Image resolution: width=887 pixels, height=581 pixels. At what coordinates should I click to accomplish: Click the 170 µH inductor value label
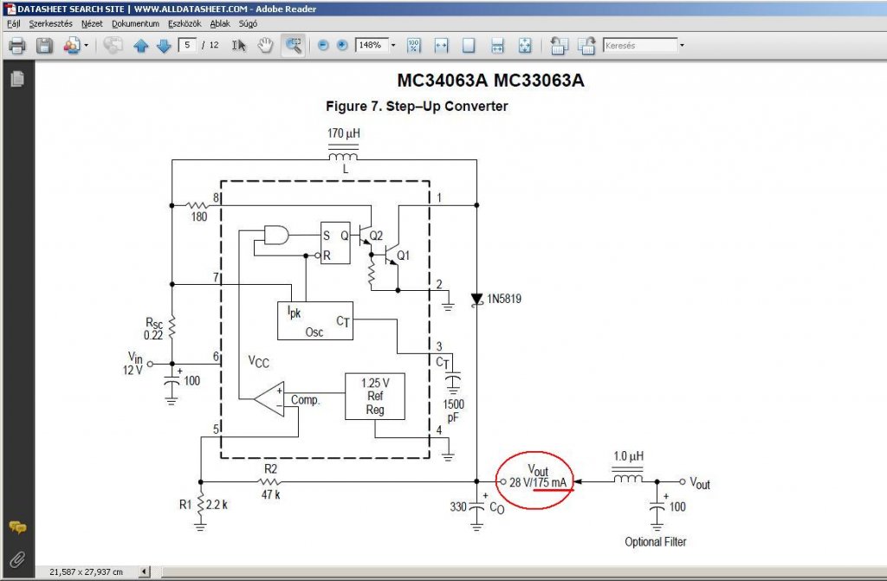[344, 134]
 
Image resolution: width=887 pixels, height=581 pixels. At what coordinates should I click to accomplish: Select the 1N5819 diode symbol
[476, 299]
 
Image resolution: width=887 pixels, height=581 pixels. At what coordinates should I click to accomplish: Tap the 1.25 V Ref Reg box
[374, 396]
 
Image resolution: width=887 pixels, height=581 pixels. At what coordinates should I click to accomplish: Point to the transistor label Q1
[403, 255]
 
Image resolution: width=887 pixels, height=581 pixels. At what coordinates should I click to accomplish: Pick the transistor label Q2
[376, 236]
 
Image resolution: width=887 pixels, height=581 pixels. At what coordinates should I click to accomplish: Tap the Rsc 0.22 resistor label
[154, 328]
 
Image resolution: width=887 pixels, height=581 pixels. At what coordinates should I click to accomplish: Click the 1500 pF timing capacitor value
[453, 410]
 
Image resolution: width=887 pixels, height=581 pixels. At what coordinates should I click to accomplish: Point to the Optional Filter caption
[656, 542]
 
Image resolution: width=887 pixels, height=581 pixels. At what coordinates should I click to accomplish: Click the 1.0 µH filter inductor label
[629, 456]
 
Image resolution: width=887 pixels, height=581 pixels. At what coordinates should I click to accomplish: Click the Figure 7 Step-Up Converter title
[417, 107]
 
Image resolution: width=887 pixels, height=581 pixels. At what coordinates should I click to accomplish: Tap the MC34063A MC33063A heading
[491, 81]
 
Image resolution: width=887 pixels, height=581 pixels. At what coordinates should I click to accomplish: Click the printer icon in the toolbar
[16, 46]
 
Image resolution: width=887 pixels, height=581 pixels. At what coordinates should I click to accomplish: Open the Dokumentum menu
[135, 24]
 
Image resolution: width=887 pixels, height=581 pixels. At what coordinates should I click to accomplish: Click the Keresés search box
[640, 45]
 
